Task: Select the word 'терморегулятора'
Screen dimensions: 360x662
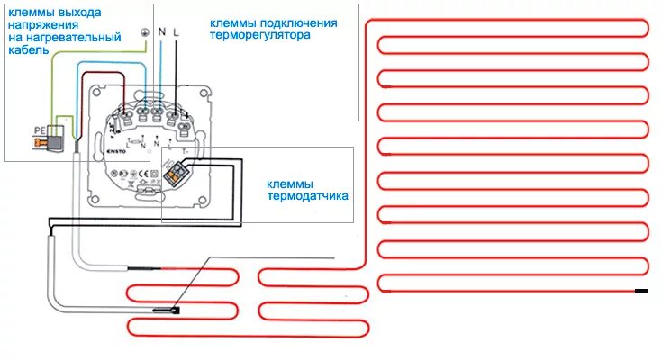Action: coord(262,37)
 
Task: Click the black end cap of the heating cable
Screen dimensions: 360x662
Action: coord(641,290)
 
